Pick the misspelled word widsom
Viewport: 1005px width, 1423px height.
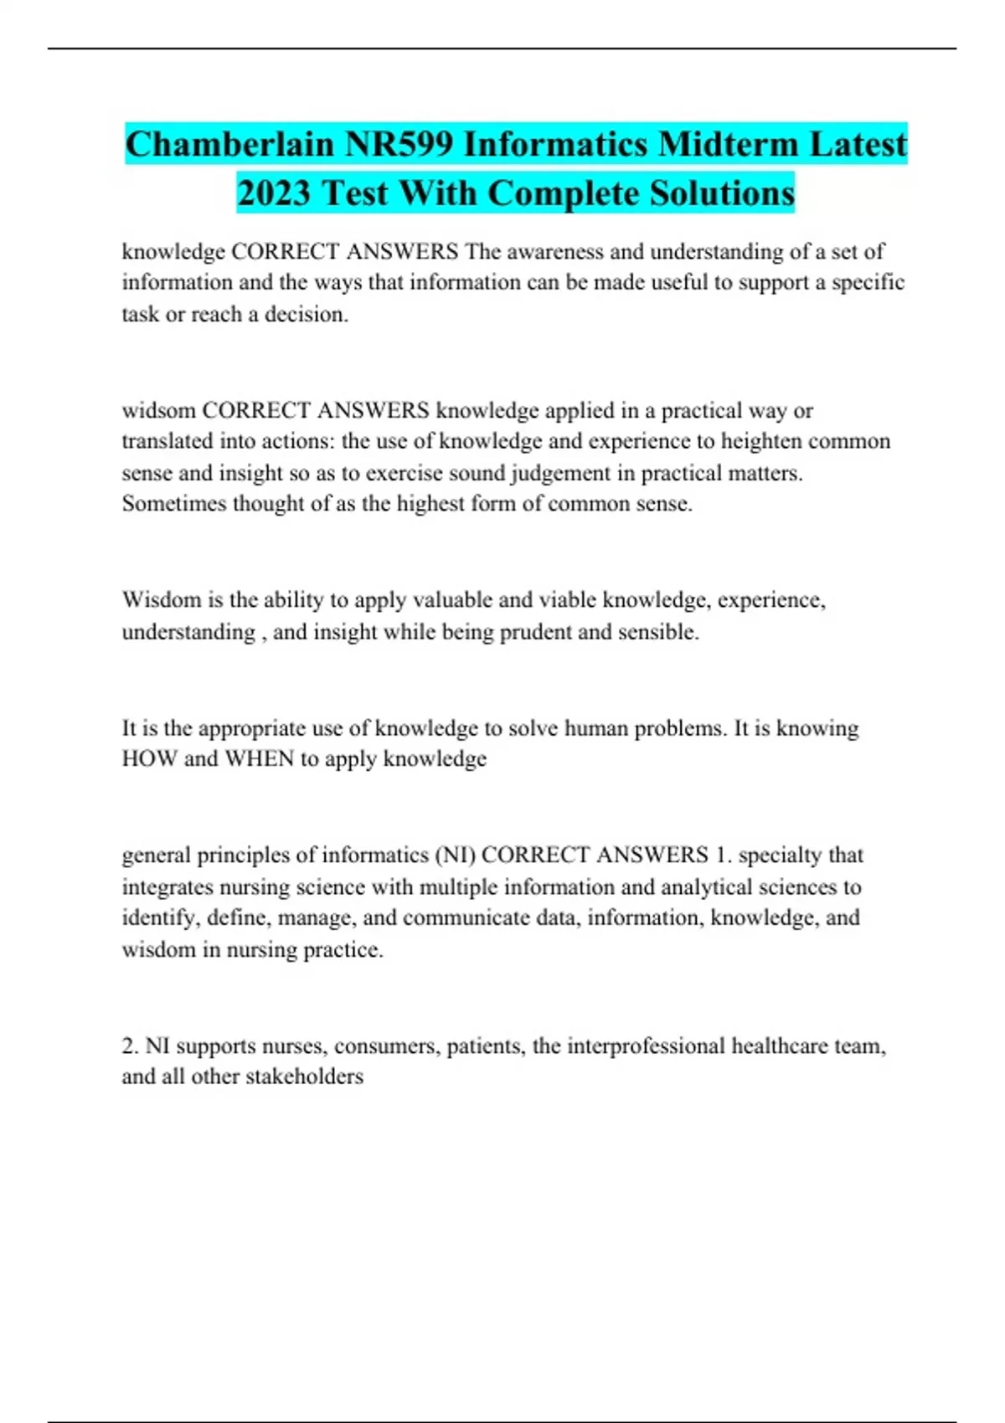point(158,410)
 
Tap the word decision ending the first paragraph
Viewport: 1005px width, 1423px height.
point(306,315)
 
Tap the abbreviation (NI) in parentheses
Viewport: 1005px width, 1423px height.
point(454,855)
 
